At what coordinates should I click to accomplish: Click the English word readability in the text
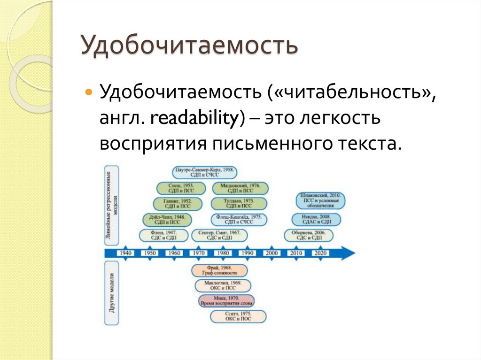pos(195,117)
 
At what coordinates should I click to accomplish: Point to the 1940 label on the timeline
pos(126,253)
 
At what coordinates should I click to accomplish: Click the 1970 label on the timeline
pos(199,253)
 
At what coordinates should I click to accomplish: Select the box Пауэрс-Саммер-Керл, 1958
pos(204,172)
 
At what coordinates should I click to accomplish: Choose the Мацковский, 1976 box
pos(240,188)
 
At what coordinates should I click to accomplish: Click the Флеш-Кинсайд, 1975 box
pos(239,220)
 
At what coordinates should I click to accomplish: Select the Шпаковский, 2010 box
pos(321,200)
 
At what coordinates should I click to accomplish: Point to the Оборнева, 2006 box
pos(309,235)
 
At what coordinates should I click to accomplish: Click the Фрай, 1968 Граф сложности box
pos(219,270)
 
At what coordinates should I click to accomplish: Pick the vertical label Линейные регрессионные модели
pos(111,205)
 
